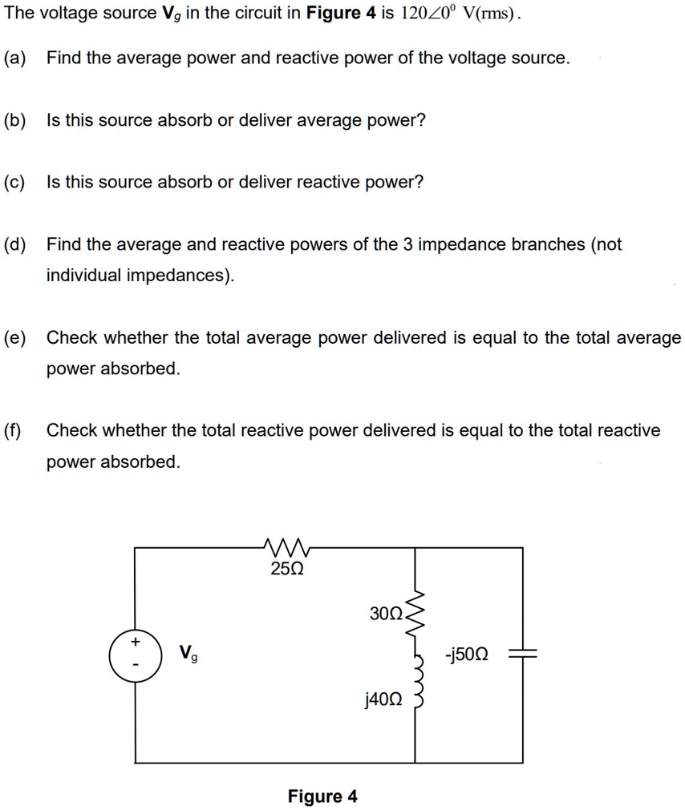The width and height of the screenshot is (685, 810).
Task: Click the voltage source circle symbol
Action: [x=135, y=655]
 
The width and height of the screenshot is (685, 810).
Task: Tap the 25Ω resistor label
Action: [x=286, y=570]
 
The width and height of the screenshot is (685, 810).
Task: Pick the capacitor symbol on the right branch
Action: [x=523, y=655]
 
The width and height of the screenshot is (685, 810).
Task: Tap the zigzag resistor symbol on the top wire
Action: [x=286, y=548]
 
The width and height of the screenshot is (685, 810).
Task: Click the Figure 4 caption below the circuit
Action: [x=322, y=796]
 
